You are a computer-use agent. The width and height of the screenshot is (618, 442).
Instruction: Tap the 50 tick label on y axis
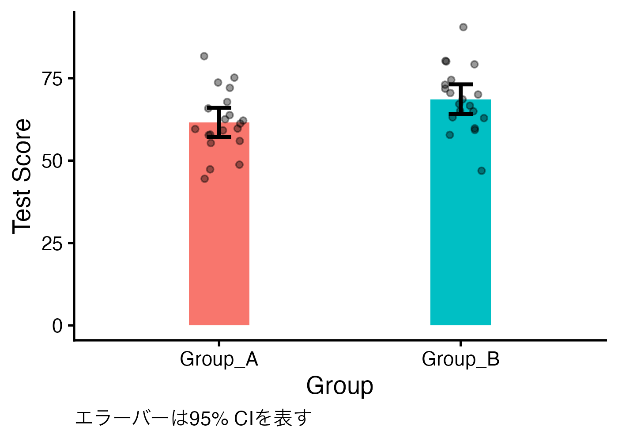click(x=52, y=161)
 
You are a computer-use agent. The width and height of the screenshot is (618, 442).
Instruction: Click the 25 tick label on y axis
click(x=52, y=244)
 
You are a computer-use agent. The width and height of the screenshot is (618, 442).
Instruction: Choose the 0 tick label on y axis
click(x=57, y=326)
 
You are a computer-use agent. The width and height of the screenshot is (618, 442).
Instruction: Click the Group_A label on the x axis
click(x=219, y=359)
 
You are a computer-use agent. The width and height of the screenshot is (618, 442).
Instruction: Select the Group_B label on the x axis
click(x=460, y=359)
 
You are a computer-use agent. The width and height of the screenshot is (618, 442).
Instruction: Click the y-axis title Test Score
click(x=22, y=176)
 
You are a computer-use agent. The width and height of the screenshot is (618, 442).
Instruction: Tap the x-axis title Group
click(x=339, y=386)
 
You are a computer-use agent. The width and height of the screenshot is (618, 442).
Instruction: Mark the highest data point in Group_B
click(x=463, y=27)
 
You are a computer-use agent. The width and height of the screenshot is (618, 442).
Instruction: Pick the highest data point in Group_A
click(x=204, y=56)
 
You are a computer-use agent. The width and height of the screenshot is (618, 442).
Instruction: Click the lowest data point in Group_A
click(x=204, y=179)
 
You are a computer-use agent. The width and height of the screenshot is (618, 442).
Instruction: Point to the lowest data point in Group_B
click(x=482, y=171)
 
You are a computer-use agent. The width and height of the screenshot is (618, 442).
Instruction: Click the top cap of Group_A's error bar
click(x=219, y=107)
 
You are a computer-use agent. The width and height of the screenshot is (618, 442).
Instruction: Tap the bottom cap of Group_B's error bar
click(x=460, y=114)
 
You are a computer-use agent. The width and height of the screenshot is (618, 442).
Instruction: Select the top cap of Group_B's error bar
click(x=460, y=84)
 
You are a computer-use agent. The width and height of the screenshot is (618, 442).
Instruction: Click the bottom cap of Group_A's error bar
click(x=219, y=137)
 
